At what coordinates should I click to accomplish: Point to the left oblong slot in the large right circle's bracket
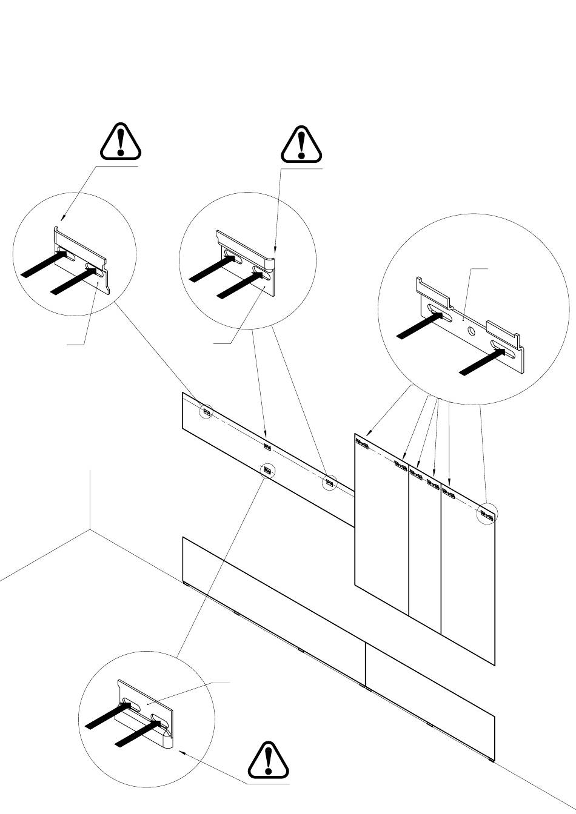tap(441, 315)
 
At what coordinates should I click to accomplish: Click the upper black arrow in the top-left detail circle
tap(44, 264)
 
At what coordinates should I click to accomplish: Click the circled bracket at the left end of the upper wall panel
tap(207, 412)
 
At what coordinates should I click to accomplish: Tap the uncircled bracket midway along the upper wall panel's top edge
tap(268, 447)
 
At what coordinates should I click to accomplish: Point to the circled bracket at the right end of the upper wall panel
tap(329, 483)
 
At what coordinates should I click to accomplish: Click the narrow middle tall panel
tap(424, 545)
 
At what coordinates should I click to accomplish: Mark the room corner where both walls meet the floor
tap(90, 529)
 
